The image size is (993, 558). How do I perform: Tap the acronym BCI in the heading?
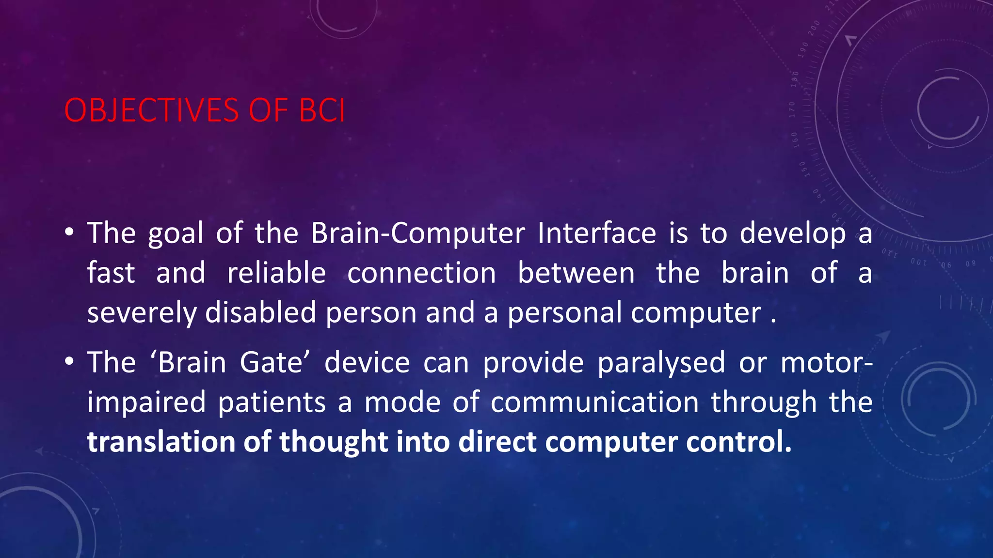[x=322, y=110]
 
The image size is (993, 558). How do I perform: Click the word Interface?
[x=596, y=233]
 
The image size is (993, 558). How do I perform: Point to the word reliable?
[x=276, y=273]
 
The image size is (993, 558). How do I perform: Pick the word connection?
[x=421, y=273]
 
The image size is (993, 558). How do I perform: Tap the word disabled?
[x=261, y=313]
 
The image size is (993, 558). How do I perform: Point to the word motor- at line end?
[x=827, y=363]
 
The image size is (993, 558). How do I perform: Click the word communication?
[x=594, y=403]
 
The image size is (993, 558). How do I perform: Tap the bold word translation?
[x=161, y=442]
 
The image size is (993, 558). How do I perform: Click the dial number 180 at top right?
[x=794, y=78]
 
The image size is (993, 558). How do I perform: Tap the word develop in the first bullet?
[x=793, y=233]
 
